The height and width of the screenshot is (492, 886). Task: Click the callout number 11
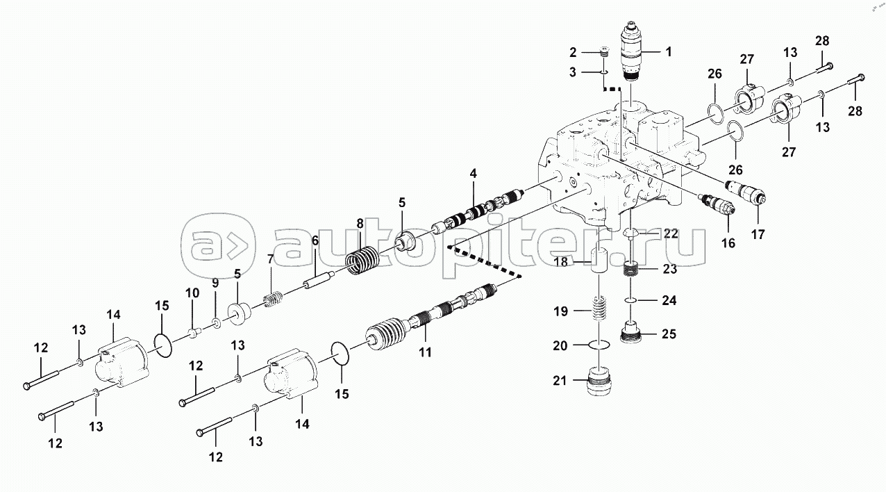coord(424,352)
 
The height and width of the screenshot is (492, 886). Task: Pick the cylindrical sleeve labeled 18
coord(602,262)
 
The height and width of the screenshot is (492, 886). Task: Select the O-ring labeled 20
coord(601,344)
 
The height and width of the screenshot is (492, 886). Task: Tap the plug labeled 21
coord(600,382)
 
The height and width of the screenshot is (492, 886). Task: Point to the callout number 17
coord(758,235)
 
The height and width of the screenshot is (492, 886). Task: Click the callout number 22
coord(670,234)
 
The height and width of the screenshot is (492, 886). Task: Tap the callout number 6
coord(315,240)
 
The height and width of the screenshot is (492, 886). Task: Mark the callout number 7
coord(269,259)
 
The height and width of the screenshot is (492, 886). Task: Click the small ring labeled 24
coord(628,300)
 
